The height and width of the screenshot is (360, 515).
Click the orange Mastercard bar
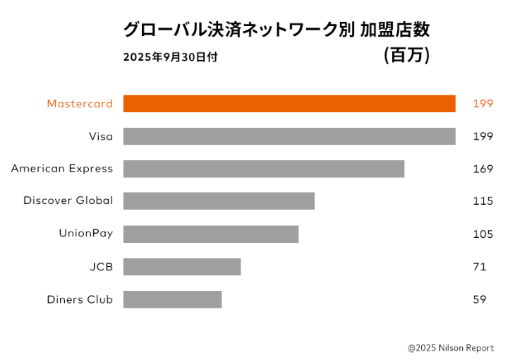tap(289, 104)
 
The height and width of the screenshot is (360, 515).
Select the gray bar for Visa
tap(289, 136)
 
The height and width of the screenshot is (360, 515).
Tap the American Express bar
tap(264, 169)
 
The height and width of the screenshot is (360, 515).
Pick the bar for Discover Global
tap(219, 201)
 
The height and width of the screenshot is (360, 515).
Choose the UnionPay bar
tap(211, 234)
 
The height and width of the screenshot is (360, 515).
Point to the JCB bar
tap(182, 267)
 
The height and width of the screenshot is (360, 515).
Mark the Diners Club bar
tap(172, 299)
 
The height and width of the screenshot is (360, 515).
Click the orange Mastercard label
tap(80, 104)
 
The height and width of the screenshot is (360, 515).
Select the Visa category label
tap(101, 136)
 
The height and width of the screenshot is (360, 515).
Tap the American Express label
tap(62, 169)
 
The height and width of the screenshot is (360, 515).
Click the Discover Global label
tap(68, 200)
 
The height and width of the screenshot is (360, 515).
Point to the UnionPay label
tap(85, 234)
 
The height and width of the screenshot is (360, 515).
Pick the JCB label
tap(101, 267)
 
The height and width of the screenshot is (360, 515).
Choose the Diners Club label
tap(80, 299)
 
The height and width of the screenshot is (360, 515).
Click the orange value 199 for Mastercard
tap(483, 104)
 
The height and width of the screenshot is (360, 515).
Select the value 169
tap(483, 169)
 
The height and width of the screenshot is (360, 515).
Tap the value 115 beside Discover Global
tap(483, 201)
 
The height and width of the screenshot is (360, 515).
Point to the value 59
tap(480, 299)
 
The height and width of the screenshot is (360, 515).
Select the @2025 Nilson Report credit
tap(451, 348)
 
